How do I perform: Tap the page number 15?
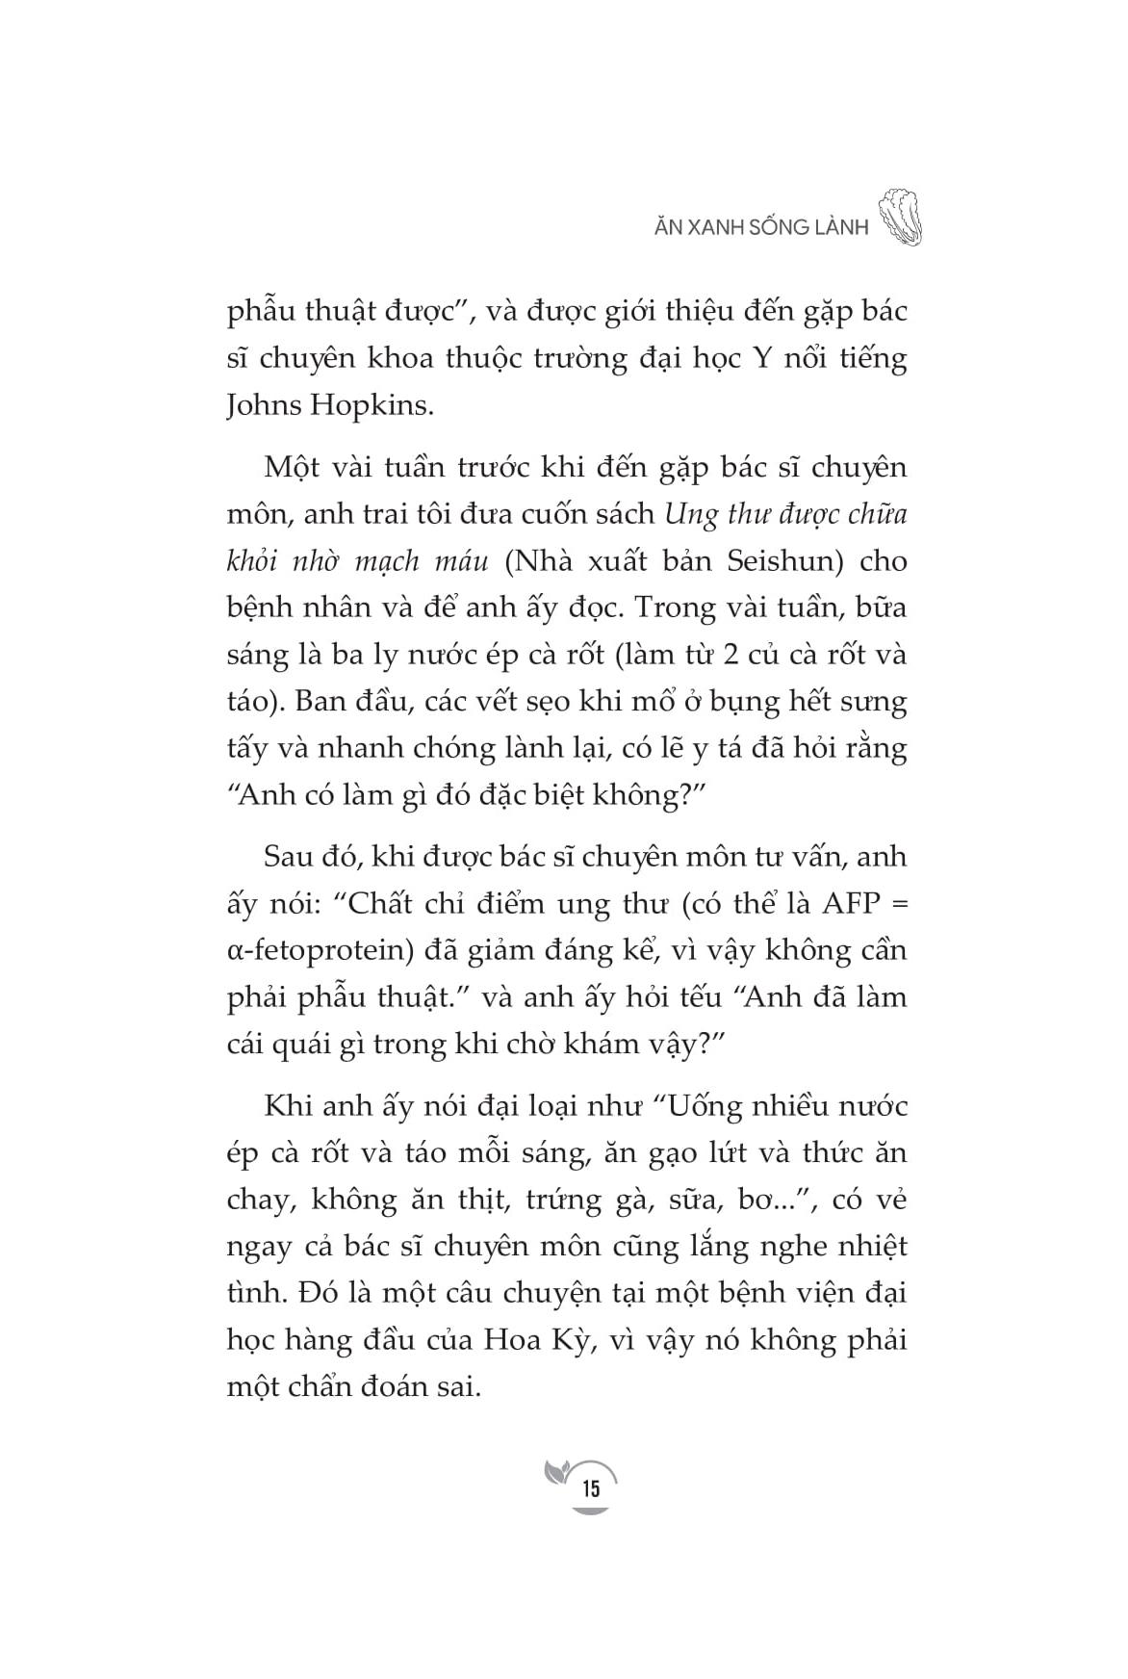coord(590,1489)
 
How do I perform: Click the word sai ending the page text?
coord(457,1387)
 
